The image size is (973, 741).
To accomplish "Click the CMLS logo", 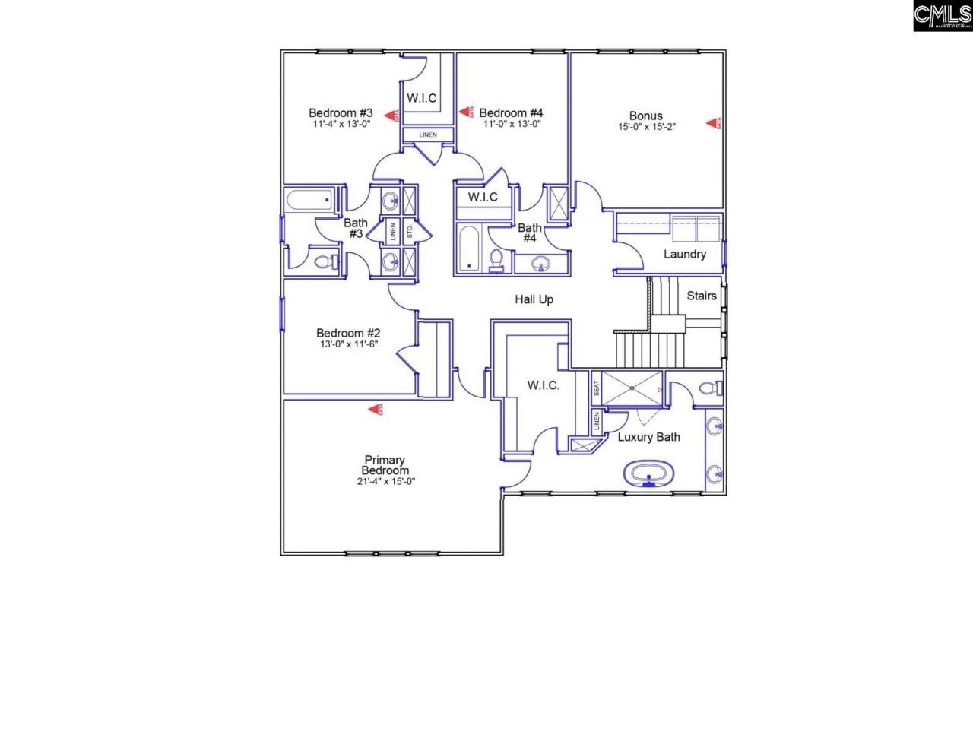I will [943, 16].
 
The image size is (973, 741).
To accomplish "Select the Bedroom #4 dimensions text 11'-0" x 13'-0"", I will [512, 123].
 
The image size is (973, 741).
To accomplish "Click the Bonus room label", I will [646, 116].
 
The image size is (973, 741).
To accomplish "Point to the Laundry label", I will [684, 254].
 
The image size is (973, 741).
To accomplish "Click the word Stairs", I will [701, 295].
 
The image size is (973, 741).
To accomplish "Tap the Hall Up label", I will [534, 299].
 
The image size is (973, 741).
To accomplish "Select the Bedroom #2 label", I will [348, 333].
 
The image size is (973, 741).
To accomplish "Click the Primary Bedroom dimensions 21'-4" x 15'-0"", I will [385, 481].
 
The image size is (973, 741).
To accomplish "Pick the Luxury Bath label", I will [648, 437].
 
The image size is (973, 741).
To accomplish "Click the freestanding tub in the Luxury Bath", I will [648, 474].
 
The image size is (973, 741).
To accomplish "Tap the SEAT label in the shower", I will [596, 388].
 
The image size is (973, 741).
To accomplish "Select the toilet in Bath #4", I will [496, 260].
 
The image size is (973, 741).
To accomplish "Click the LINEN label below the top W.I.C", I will [428, 135].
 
